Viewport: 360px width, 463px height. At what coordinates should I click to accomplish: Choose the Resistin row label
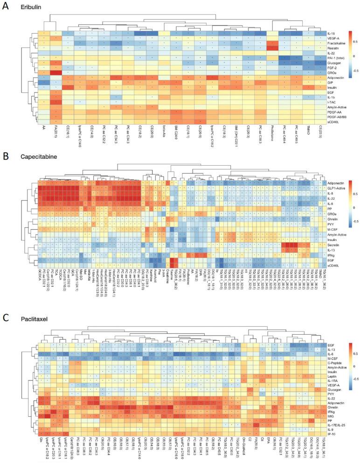333,48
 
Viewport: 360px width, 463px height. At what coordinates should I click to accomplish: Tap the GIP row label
331,83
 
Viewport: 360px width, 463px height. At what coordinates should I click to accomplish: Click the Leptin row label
332,375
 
